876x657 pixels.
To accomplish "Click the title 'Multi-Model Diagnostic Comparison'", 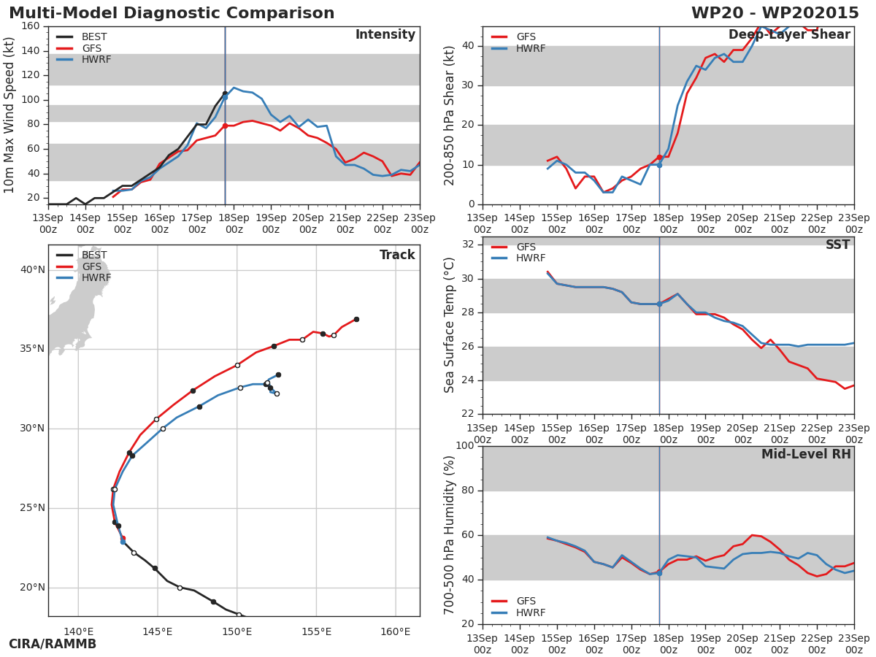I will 172,13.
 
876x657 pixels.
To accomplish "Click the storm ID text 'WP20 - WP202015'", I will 775,13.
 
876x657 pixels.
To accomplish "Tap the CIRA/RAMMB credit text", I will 53,644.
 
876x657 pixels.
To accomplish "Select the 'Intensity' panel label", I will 385,35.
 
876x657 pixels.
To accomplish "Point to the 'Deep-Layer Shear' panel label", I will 788,35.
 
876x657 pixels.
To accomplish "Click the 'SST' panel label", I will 837,245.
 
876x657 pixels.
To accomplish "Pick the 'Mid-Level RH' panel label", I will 805,455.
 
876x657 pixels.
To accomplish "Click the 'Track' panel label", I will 396,255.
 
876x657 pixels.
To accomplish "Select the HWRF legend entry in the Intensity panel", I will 96,60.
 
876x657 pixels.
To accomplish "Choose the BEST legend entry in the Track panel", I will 93,255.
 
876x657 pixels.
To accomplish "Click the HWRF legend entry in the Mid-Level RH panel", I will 530,613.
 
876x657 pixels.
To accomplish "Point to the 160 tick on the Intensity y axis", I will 30,26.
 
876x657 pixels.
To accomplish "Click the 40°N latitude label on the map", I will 32,270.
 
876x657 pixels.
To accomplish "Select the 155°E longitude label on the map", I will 316,632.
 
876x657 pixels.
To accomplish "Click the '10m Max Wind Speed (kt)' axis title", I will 9,115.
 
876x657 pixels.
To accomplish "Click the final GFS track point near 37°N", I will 356,319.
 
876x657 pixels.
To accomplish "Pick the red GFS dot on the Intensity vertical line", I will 225,126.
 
